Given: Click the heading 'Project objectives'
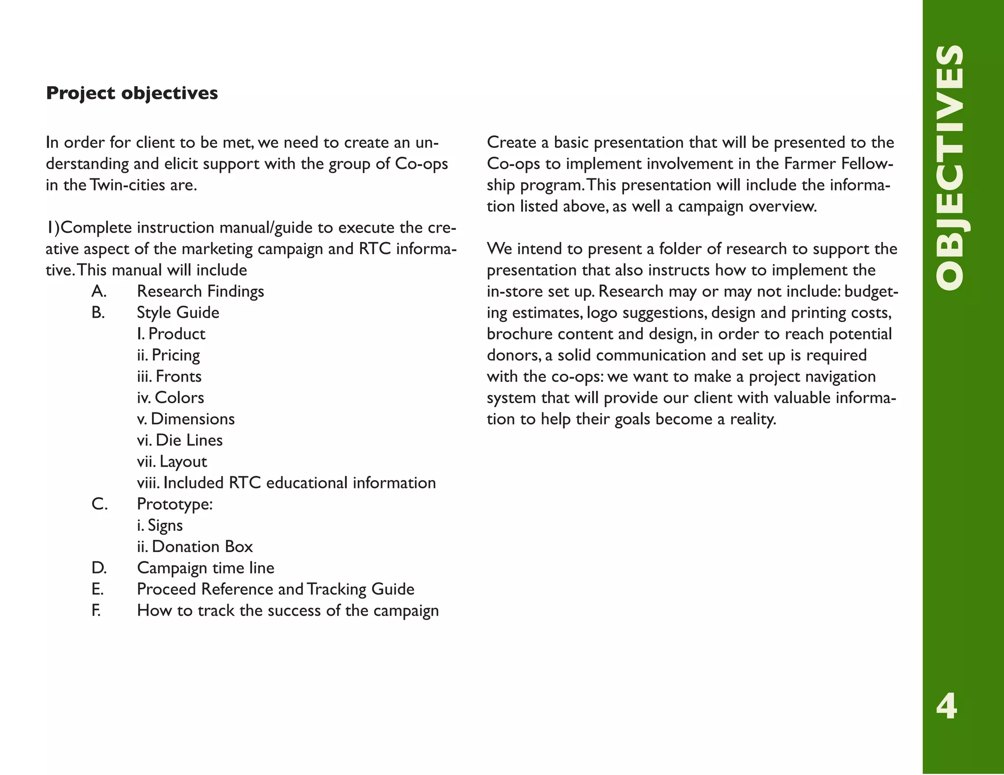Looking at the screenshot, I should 132,93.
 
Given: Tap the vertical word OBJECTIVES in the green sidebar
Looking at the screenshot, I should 950,168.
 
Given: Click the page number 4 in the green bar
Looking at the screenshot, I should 947,706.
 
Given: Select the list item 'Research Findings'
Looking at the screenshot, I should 200,291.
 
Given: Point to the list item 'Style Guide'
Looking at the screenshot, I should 178,313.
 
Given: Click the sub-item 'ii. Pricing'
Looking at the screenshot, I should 168,355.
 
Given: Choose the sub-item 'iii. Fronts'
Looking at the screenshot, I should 169,376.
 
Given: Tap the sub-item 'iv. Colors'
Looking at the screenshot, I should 170,398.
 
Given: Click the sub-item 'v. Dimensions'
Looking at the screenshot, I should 186,419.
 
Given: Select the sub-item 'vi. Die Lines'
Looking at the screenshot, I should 179,440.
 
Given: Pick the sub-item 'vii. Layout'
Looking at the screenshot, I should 172,461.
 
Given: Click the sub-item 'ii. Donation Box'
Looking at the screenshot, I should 195,547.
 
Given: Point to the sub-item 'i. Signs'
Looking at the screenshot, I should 160,526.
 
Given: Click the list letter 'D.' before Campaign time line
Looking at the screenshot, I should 99,568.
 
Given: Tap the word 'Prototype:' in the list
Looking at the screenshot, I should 175,504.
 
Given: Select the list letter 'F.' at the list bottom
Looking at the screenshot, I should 96,611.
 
